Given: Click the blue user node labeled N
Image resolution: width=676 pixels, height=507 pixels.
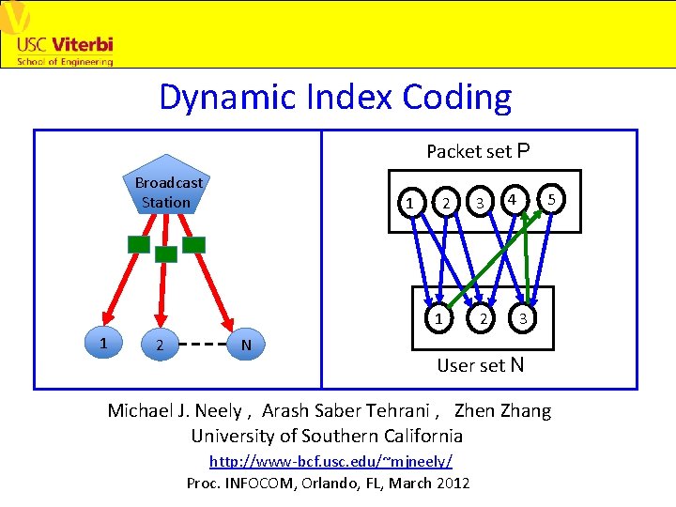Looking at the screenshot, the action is [x=246, y=345].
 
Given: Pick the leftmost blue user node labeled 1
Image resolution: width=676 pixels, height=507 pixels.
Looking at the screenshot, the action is [x=103, y=343].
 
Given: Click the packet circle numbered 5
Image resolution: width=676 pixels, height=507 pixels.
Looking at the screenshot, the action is [x=553, y=199].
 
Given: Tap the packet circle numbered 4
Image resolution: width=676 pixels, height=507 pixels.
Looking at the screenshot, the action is [x=513, y=199].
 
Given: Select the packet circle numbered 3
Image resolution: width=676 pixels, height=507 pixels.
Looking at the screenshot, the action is [x=479, y=202].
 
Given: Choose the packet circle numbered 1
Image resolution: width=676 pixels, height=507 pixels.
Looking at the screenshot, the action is [x=409, y=202].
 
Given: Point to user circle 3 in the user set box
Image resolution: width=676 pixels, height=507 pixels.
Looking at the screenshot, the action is [x=525, y=318].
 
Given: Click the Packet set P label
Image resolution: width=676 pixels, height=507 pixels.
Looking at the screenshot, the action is [x=478, y=151].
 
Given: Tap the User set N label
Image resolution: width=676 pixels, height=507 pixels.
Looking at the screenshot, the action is [x=480, y=364].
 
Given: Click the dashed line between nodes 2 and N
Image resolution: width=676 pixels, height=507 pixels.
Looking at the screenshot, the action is [x=202, y=344].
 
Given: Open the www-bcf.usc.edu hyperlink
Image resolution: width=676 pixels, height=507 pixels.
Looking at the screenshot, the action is [x=330, y=461].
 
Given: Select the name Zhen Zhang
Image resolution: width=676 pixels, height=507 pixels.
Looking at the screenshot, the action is [x=503, y=410].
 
